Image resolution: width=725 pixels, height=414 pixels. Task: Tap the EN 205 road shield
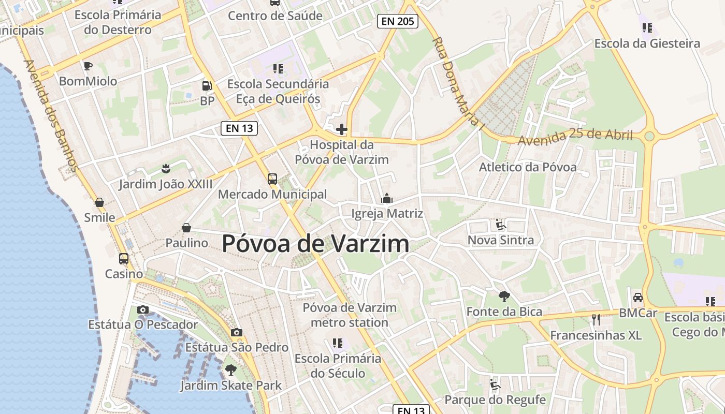pyautogui.click(x=397, y=21)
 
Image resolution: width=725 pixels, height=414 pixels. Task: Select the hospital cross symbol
pyautogui.click(x=342, y=129)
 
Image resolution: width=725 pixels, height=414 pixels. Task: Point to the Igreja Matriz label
pyautogui.click(x=387, y=214)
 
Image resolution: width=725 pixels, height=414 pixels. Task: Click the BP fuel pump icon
pyautogui.click(x=207, y=86)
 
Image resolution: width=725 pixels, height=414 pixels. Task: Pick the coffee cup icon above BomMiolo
pyautogui.click(x=88, y=66)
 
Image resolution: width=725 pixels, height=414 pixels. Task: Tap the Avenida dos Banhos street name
pyautogui.click(x=51, y=116)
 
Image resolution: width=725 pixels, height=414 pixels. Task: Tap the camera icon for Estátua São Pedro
pyautogui.click(x=237, y=332)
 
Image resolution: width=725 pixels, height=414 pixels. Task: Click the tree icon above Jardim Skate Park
pyautogui.click(x=231, y=370)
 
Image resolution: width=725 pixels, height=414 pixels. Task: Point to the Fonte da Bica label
pyautogui.click(x=504, y=312)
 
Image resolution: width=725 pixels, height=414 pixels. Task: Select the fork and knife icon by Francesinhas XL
pyautogui.click(x=596, y=320)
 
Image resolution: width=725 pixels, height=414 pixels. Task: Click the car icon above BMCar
pyautogui.click(x=638, y=298)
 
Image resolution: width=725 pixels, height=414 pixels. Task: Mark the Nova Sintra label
pyautogui.click(x=500, y=240)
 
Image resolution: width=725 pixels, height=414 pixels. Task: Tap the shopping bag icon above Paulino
pyautogui.click(x=186, y=228)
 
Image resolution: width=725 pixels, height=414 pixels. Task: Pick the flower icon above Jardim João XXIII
pyautogui.click(x=166, y=168)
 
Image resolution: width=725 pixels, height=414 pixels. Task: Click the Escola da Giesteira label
pyautogui.click(x=647, y=43)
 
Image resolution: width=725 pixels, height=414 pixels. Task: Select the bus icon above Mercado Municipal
pyautogui.click(x=272, y=179)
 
